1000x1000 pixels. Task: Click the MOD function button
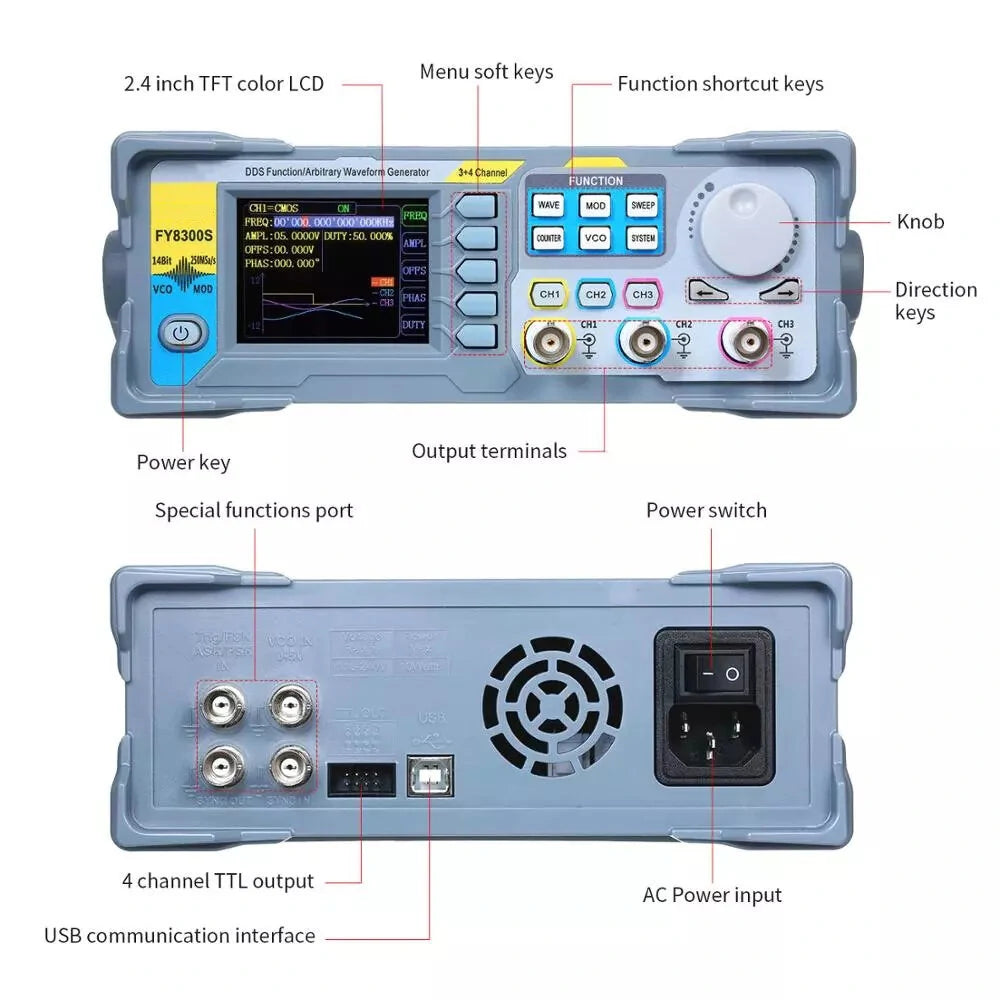click(x=596, y=205)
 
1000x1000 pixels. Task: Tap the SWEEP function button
click(x=643, y=205)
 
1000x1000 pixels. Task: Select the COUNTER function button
click(x=548, y=239)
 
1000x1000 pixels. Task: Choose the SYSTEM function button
click(x=643, y=239)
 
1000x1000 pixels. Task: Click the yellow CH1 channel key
click(x=550, y=295)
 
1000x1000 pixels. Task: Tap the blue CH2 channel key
click(x=596, y=295)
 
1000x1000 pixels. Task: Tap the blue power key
click(x=181, y=333)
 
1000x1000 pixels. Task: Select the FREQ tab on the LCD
click(x=415, y=215)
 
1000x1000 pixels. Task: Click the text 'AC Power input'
click(x=712, y=895)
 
